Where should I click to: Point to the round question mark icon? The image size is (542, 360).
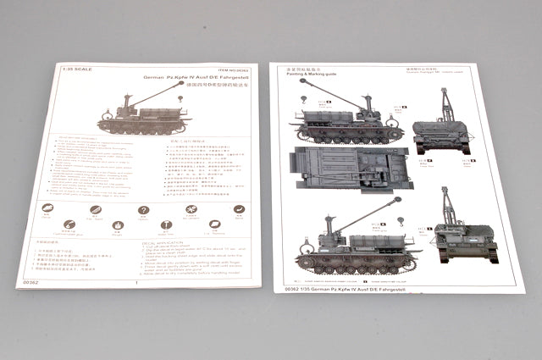[x=144, y=210]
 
